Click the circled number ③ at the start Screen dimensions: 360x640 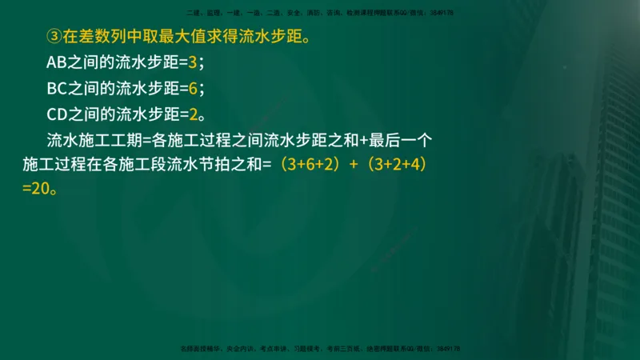click(54, 36)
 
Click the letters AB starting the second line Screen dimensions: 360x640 click(58, 62)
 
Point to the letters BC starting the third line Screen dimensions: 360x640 click(58, 87)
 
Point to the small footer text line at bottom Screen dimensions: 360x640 click(319, 349)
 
